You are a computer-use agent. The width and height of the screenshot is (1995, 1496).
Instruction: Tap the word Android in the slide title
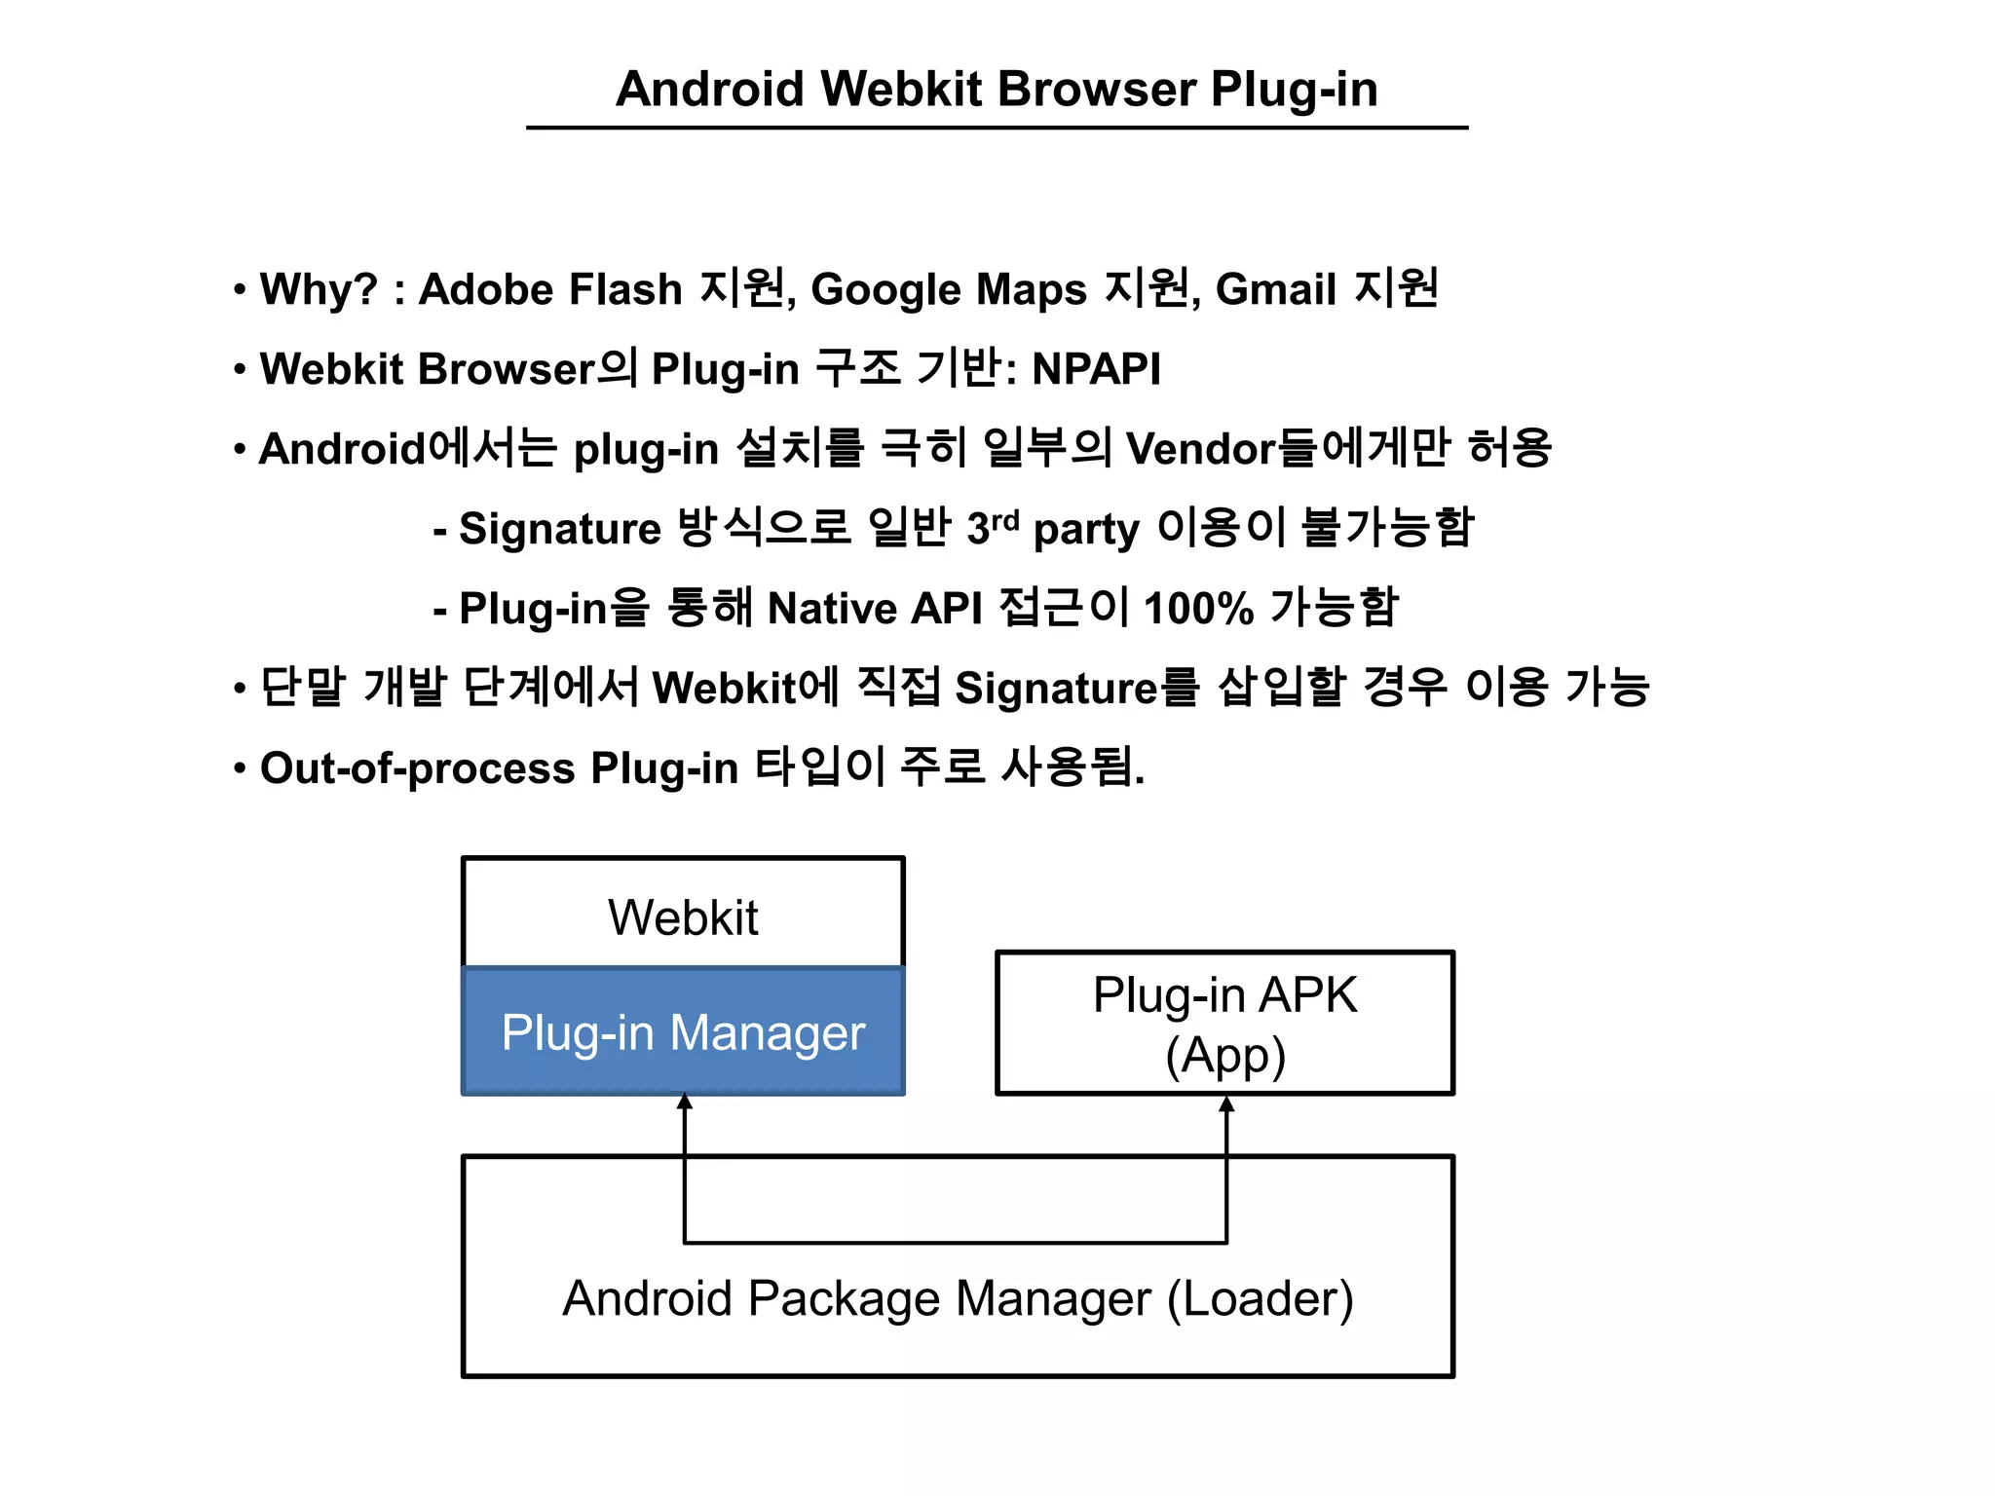click(x=709, y=90)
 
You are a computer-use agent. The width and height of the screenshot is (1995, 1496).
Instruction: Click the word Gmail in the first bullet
click(x=1275, y=289)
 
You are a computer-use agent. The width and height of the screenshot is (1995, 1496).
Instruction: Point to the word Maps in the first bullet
click(x=1031, y=289)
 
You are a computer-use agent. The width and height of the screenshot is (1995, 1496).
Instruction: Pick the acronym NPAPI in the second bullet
click(x=1096, y=369)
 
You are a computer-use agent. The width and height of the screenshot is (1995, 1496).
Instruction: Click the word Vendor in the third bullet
click(x=1200, y=449)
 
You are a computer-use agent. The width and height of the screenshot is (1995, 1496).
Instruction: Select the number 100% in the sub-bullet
click(x=1198, y=609)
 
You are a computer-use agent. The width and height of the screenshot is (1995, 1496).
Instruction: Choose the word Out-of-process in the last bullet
click(x=418, y=768)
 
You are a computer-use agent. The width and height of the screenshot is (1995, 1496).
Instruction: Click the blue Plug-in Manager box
click(x=683, y=1031)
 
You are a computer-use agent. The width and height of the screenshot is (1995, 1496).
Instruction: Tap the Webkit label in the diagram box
click(x=683, y=917)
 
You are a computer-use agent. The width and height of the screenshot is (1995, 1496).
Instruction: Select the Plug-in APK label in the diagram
click(x=1224, y=995)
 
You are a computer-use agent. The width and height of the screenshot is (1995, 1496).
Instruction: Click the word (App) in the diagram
click(x=1224, y=1056)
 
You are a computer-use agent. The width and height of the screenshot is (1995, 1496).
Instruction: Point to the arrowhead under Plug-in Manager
click(x=685, y=1103)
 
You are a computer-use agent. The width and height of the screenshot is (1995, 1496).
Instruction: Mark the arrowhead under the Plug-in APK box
click(x=1226, y=1104)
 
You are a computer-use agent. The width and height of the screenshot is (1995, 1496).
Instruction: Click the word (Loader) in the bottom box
click(x=1260, y=1299)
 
